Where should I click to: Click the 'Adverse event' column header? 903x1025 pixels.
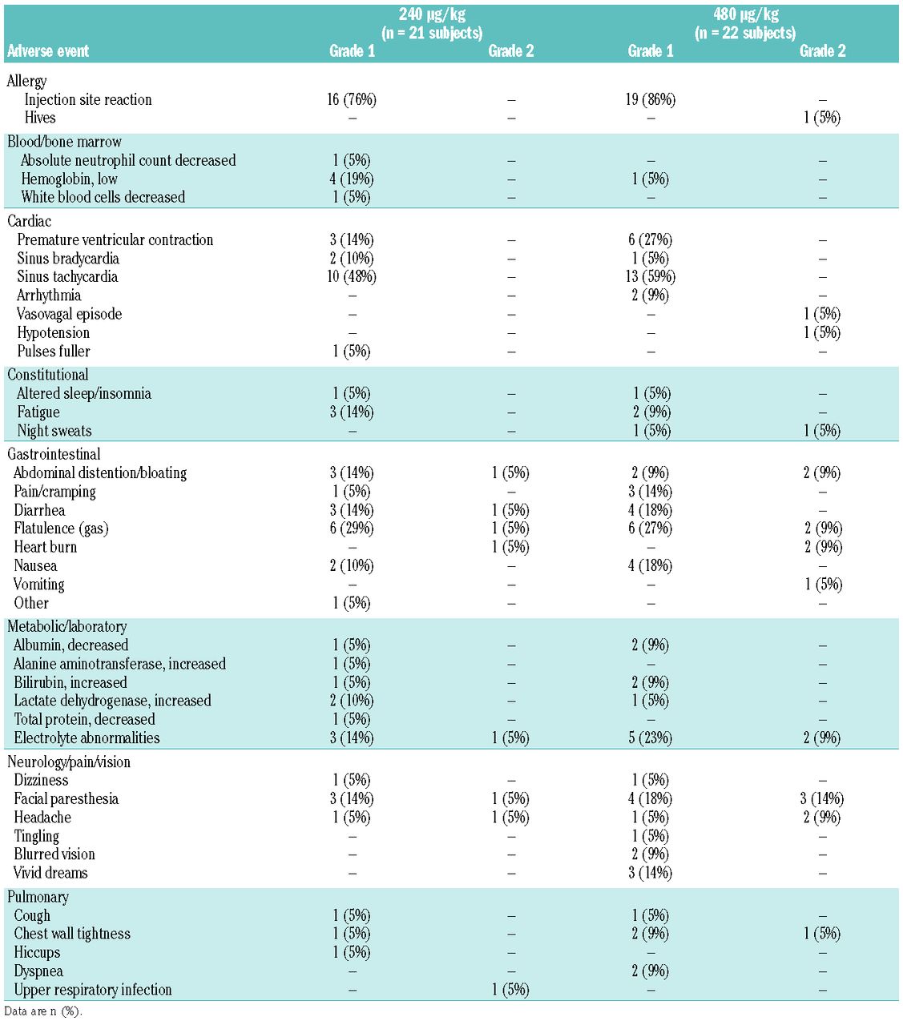(x=48, y=51)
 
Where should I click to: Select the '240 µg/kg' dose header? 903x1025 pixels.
(x=432, y=14)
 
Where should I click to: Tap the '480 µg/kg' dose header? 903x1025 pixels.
(x=745, y=14)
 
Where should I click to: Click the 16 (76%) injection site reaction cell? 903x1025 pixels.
(x=352, y=99)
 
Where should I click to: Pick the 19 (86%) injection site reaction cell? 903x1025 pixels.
(x=651, y=99)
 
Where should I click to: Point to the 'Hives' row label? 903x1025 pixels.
(x=40, y=118)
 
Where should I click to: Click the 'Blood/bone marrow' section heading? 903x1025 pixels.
(x=64, y=142)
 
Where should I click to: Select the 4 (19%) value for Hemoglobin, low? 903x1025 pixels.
(x=352, y=179)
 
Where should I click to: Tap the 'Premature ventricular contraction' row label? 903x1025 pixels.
(x=115, y=239)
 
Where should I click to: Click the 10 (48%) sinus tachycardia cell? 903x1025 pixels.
(x=352, y=276)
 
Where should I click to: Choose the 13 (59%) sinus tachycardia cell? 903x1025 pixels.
(x=651, y=276)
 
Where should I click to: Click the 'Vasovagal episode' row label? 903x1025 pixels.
(x=70, y=314)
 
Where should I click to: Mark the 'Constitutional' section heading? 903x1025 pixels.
(x=48, y=375)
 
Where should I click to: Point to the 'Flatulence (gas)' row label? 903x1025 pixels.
(x=61, y=529)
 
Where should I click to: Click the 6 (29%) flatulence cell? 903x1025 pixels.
(x=352, y=529)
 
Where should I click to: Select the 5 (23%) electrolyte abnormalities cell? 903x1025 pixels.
(x=651, y=738)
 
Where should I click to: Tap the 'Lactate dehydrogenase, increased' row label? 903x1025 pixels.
(x=112, y=701)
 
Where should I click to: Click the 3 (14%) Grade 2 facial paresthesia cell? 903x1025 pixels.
(x=822, y=798)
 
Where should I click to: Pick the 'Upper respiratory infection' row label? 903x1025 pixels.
(x=93, y=990)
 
